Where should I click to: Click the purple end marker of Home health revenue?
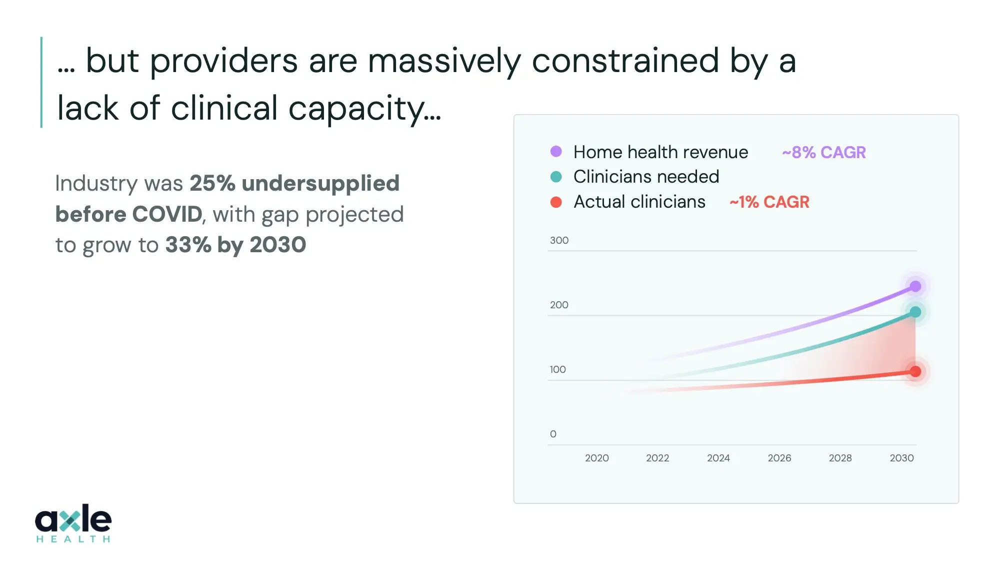915,286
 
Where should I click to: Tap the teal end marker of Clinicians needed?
915,312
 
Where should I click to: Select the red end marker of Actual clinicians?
915,371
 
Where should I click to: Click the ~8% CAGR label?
823,152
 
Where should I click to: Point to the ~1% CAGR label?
769,202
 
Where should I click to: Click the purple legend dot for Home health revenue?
556,152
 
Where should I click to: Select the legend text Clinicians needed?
646,177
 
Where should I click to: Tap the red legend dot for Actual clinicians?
556,202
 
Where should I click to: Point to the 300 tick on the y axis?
559,240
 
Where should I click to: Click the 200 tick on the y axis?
559,305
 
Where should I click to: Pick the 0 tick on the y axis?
553,434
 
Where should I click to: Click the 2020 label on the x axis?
596,458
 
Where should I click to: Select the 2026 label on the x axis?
779,458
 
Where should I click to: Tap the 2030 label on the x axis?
901,458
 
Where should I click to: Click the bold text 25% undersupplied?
294,183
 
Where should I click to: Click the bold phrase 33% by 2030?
235,245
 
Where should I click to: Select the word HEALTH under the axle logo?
73,539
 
